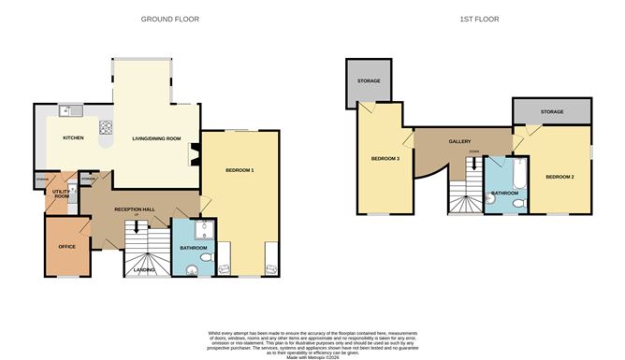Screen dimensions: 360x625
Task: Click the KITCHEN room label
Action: (73, 138)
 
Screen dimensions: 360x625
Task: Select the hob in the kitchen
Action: (107, 129)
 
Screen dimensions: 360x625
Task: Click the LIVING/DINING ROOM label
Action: (155, 137)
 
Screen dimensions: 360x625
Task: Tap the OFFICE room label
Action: (66, 246)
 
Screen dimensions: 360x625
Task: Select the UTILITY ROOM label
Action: (62, 194)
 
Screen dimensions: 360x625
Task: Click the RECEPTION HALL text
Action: (134, 209)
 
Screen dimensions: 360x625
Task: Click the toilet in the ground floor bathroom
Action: (193, 270)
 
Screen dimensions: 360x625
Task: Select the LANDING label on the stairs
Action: (145, 270)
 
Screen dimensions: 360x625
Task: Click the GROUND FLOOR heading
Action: (169, 19)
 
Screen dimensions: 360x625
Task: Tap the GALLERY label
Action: (459, 141)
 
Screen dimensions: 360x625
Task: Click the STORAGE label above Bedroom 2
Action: (552, 112)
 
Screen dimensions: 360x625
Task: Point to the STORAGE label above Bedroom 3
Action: (369, 81)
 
